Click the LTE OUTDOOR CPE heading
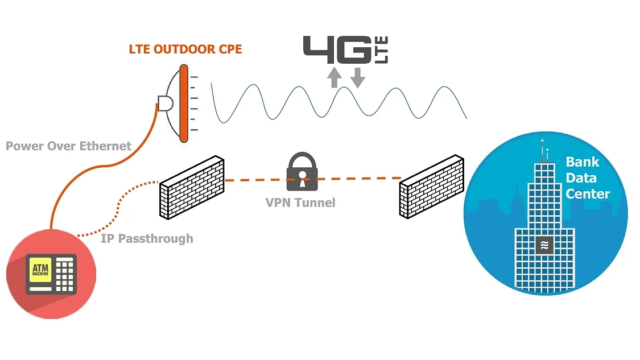pyautogui.click(x=185, y=49)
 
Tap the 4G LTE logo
pyautogui.click(x=345, y=49)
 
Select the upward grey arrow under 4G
pyautogui.click(x=335, y=77)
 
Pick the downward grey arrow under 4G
pyautogui.click(x=358, y=78)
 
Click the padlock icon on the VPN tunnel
pyautogui.click(x=302, y=172)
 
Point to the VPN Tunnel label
pyautogui.click(x=300, y=202)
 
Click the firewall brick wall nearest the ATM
pyautogui.click(x=192, y=187)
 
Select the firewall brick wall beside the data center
pyautogui.click(x=431, y=187)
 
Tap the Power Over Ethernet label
pyautogui.click(x=68, y=146)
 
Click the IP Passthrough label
pyautogui.click(x=147, y=238)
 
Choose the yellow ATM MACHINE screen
pyautogui.click(x=40, y=270)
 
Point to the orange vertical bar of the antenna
pyautogui.click(x=184, y=104)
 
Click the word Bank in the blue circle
pyautogui.click(x=582, y=162)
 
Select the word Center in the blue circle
pyautogui.click(x=588, y=193)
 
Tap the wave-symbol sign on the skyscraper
pyautogui.click(x=544, y=245)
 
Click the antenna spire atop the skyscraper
pyautogui.click(x=543, y=150)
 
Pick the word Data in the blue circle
pyautogui.click(x=581, y=178)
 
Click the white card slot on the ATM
pyautogui.click(x=40, y=289)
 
